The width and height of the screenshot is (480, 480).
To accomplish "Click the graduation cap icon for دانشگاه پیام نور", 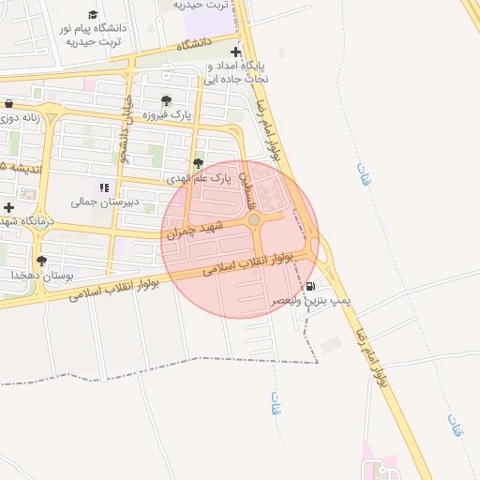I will coord(93,15).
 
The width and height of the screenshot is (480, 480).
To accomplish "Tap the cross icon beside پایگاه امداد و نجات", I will coord(235,52).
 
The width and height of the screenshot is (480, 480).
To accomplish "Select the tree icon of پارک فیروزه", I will coord(166,100).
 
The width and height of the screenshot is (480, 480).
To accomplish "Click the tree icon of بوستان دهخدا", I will coord(41,262).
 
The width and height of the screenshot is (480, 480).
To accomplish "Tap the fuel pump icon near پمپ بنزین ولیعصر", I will coord(310,286).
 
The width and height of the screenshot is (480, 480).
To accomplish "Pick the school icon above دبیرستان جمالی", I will coord(104,187).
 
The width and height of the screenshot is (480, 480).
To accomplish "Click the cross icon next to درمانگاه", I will coord(9,206).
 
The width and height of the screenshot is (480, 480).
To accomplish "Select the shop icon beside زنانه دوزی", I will coord(8,103).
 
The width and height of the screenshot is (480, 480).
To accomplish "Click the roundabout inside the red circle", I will coord(253,219).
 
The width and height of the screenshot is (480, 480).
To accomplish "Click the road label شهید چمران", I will coord(197,230).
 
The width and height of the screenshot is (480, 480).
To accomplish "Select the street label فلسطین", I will coord(247,190).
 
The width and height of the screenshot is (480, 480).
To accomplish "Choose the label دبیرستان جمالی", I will coord(104,202).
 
